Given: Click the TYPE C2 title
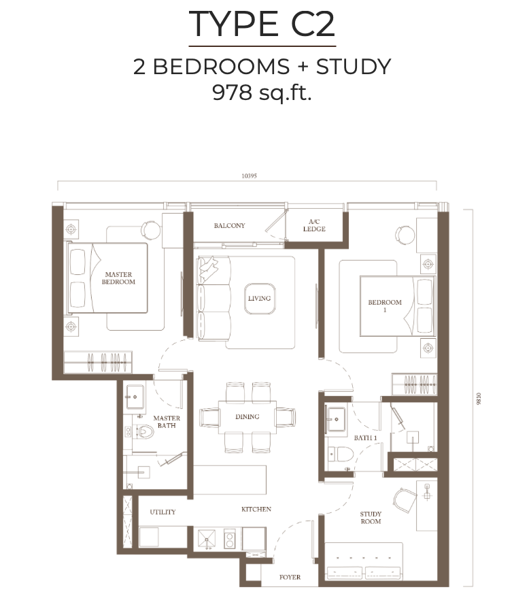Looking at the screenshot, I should (x=262, y=25).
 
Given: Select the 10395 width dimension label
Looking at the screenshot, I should (x=248, y=176).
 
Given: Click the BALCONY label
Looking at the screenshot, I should (x=229, y=226).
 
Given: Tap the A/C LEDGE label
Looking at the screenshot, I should (x=314, y=225).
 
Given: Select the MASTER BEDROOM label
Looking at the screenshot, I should (x=118, y=278).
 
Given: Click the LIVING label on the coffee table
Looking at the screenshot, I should (x=259, y=298).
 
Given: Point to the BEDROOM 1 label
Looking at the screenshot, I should (x=385, y=305).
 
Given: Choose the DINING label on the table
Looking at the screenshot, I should (x=247, y=416).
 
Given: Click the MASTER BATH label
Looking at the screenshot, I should (x=166, y=422).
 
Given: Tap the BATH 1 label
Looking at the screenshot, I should (x=365, y=437).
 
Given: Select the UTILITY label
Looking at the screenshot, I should (x=163, y=512).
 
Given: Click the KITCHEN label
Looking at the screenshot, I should (x=256, y=509).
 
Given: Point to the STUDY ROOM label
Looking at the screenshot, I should (x=371, y=518).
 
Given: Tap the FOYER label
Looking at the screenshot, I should (x=290, y=578).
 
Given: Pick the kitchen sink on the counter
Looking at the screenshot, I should (x=207, y=538).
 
